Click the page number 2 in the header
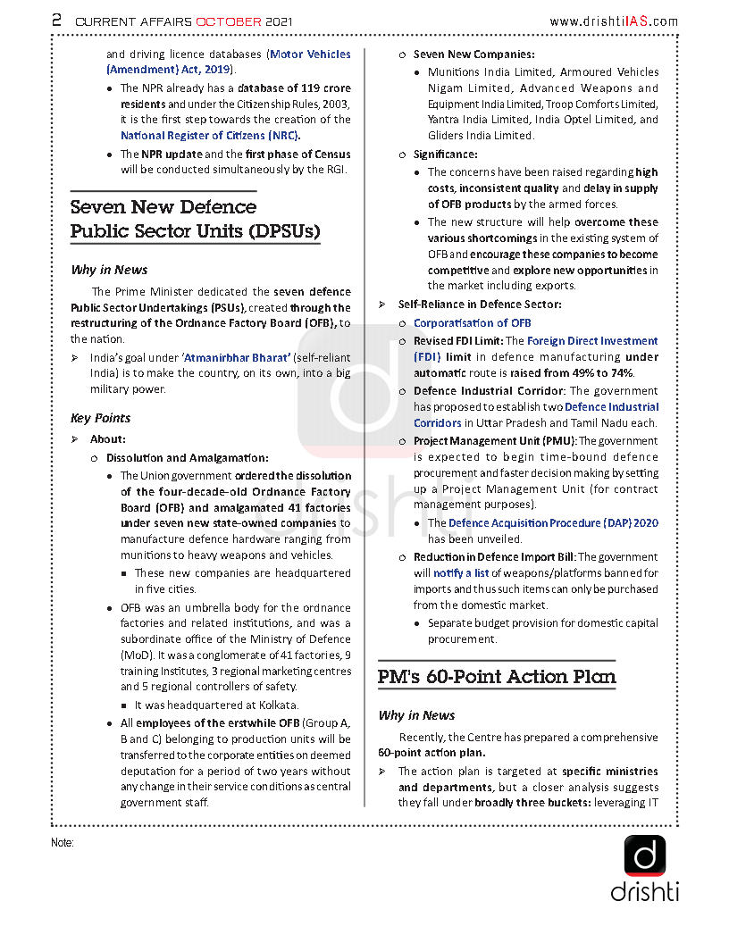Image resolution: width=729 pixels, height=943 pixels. point(57,20)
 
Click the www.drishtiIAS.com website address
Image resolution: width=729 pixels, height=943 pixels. point(613,21)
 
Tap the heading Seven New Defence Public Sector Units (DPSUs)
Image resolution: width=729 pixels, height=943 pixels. point(195,220)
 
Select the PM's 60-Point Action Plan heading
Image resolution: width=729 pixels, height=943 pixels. point(497,677)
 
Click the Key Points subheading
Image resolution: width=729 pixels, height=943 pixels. point(101,418)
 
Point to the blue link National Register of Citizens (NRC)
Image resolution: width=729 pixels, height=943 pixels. point(210,136)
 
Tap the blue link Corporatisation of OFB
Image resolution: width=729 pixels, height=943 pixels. point(472,323)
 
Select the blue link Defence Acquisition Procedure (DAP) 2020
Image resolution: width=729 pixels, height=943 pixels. point(554,523)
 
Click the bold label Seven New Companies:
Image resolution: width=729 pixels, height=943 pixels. point(473,55)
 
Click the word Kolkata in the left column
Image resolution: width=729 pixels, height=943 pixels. point(275,705)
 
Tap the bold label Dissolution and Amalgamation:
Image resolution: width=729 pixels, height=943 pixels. point(187,457)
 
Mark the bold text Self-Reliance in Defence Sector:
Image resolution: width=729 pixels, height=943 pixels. point(480,305)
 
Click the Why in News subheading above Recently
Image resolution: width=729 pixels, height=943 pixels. point(416,715)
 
